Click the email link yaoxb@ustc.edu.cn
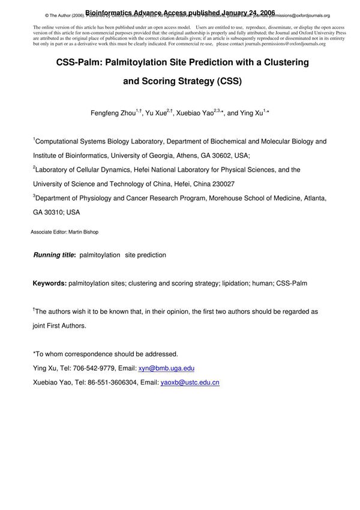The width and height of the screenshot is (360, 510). tap(190, 382)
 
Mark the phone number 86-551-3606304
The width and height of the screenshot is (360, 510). tap(106, 382)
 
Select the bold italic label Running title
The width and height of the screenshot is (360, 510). tap(54, 255)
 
